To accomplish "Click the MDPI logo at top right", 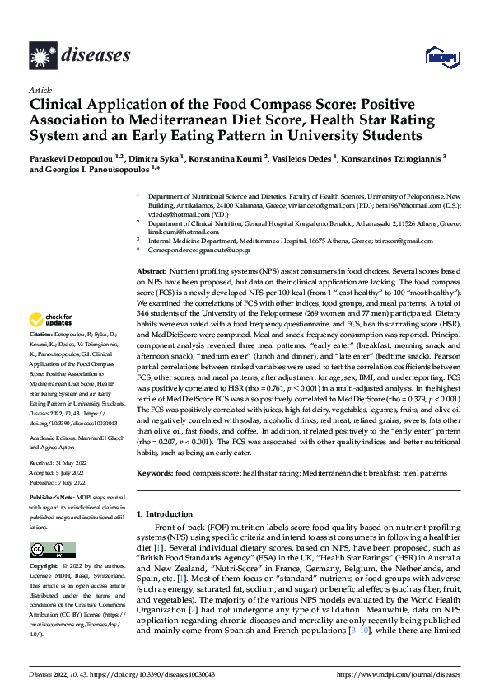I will pos(437,55).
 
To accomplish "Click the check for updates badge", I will pos(50,320).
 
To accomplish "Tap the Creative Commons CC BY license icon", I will pos(52,550).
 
